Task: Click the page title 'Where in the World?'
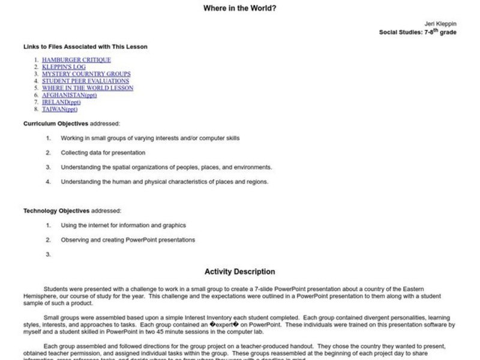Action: pos(239,8)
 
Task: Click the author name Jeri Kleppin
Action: pos(440,25)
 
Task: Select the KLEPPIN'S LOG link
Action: pos(64,67)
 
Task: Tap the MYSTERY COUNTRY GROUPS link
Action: pos(82,74)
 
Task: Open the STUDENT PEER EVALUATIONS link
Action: pos(85,81)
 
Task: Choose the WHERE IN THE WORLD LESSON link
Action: pos(88,88)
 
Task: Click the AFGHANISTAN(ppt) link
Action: pos(69,95)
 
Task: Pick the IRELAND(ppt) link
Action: pos(60,102)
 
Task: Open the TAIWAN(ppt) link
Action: pos(59,109)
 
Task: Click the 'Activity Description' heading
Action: pos(239,272)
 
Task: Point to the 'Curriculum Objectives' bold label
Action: pos(56,124)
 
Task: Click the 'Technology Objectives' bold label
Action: pos(56,211)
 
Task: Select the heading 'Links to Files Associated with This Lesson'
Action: pos(85,46)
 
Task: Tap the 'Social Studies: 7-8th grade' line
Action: pos(417,32)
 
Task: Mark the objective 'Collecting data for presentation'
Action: pos(103,152)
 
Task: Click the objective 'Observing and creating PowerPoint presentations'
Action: pos(128,239)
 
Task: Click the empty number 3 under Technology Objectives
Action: pos(49,254)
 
